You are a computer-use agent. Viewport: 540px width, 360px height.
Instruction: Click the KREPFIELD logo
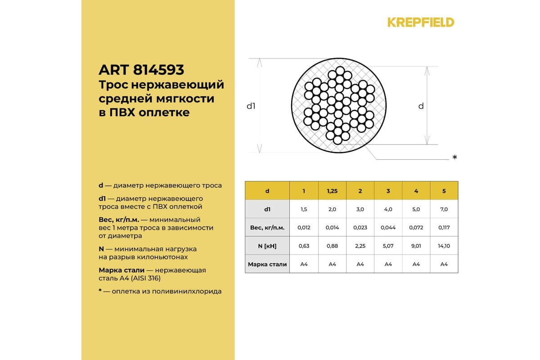pyautogui.click(x=421, y=22)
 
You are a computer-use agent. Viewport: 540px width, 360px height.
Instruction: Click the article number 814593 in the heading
pyautogui.click(x=158, y=70)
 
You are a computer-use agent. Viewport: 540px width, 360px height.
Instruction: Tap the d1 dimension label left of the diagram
pyautogui.click(x=251, y=106)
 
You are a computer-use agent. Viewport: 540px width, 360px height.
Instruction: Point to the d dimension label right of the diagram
pyautogui.click(x=421, y=106)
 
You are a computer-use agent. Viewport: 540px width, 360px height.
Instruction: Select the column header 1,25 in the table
pyautogui.click(x=332, y=191)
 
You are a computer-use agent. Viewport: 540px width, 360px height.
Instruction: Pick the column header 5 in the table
pyautogui.click(x=444, y=191)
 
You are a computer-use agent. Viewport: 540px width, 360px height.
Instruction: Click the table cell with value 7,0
pyautogui.click(x=444, y=209)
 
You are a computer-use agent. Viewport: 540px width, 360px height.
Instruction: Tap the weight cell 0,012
pyautogui.click(x=304, y=228)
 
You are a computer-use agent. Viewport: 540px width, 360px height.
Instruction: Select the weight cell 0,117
pyautogui.click(x=444, y=228)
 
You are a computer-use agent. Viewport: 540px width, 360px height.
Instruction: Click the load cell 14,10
pyautogui.click(x=444, y=246)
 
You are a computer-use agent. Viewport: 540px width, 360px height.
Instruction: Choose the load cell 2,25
pyautogui.click(x=360, y=246)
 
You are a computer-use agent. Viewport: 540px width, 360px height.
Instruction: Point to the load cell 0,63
pyautogui.click(x=304, y=246)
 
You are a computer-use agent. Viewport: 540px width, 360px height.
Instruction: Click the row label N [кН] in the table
pyautogui.click(x=267, y=246)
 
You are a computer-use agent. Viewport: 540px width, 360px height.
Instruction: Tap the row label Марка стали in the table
pyautogui.click(x=267, y=264)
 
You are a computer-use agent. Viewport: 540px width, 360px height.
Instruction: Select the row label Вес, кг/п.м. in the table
pyautogui.click(x=267, y=228)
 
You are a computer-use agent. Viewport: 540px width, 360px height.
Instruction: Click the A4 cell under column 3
pyautogui.click(x=388, y=264)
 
